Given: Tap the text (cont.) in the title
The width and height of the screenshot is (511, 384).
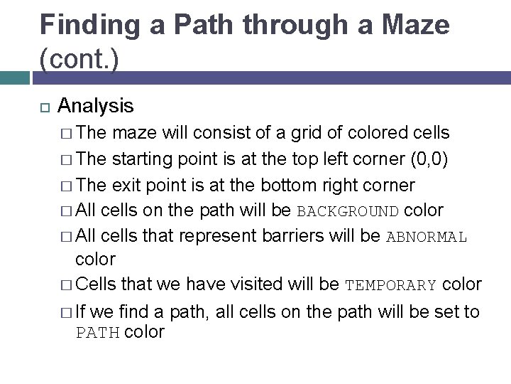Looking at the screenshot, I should click(x=79, y=59).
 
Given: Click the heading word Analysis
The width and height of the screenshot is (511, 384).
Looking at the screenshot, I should click(x=95, y=106).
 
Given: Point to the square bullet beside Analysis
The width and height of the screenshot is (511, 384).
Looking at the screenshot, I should click(x=43, y=107).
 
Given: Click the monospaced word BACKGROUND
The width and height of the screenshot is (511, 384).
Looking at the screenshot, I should click(x=348, y=211).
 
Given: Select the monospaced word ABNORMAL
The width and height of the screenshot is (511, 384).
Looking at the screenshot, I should click(x=427, y=237).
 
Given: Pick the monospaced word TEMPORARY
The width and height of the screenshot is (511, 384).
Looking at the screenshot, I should click(x=390, y=286).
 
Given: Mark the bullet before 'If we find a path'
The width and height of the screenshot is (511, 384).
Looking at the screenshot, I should click(x=67, y=312).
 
